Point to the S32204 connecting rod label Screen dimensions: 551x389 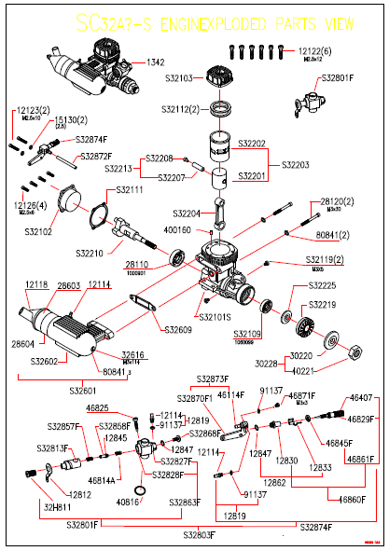coord(189,213)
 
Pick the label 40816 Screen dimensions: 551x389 coord(128,502)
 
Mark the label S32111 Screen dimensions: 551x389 coord(130,189)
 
